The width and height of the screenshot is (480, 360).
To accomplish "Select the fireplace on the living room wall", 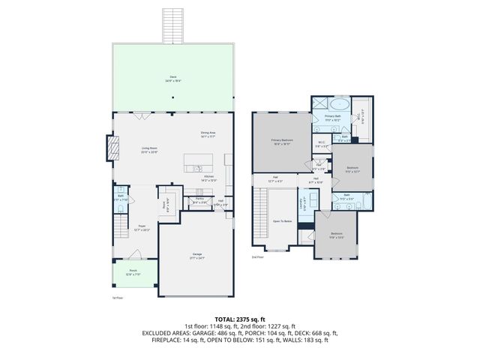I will tap(113, 148).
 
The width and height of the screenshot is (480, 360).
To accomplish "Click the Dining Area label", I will tap(208, 134).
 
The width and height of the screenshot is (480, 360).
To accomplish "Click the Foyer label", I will tap(141, 227).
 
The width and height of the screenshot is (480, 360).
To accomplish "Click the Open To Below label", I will tap(282, 220).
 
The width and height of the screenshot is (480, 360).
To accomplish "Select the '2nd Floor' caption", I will tap(257, 256).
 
